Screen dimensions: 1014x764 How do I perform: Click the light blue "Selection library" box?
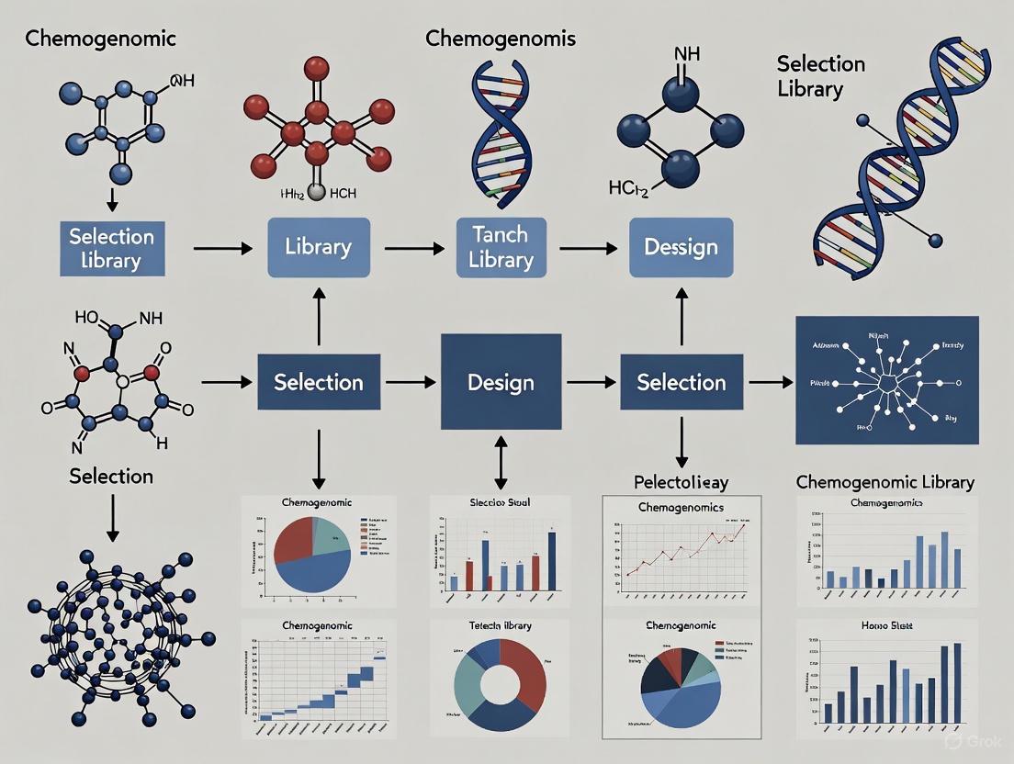tap(112, 248)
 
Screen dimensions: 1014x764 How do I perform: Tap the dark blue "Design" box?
tap(501, 382)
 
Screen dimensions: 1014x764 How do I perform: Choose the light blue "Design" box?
tap(681, 248)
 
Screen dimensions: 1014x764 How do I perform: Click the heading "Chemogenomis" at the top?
tap(501, 39)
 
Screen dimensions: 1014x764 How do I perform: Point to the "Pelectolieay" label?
tap(681, 481)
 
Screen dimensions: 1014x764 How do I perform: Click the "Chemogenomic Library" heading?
tap(884, 482)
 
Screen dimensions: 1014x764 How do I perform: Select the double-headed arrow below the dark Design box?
tap(501, 463)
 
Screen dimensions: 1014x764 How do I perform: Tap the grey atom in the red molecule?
tap(316, 192)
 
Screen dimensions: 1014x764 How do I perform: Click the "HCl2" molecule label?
tap(629, 189)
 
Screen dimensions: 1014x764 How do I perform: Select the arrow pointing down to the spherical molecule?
tap(112, 519)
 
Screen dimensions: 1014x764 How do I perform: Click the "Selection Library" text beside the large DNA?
tap(820, 76)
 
